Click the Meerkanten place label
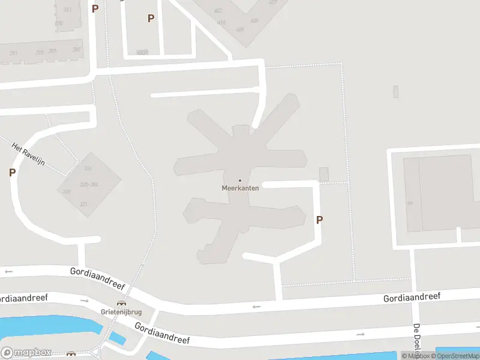point(240,188)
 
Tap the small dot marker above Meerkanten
point(240,180)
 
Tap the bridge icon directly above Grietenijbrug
point(122,304)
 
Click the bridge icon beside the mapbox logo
point(72,354)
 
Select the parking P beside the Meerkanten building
point(319,220)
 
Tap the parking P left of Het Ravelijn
point(12,173)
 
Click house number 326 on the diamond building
point(89,169)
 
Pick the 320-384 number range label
point(89,185)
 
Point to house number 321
point(83,204)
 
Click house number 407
point(272,2)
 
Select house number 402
point(218,11)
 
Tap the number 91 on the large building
point(410,203)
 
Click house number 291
point(13,53)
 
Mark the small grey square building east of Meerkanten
point(324,175)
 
